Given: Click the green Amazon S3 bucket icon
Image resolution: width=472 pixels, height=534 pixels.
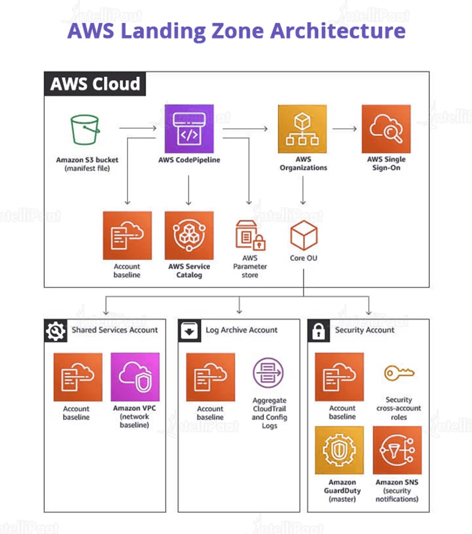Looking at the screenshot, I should point(85,130).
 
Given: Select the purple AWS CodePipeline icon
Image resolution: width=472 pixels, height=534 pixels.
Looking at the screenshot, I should point(189,129).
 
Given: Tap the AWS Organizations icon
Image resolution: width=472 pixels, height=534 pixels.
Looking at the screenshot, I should point(302,129).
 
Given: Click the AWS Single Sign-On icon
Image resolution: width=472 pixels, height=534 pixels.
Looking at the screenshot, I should point(386,129).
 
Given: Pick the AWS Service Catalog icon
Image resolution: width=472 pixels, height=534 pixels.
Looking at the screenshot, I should point(189,235).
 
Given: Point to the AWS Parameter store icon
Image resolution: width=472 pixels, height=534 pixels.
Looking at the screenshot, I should point(250,235).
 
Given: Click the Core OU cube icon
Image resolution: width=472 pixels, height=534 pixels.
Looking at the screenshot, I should point(304,235).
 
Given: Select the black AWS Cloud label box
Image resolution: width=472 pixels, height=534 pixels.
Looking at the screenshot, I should point(95,84).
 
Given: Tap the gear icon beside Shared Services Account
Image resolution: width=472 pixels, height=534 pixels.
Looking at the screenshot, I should point(55,331).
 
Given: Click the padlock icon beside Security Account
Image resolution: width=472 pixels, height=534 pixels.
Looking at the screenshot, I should point(318,331).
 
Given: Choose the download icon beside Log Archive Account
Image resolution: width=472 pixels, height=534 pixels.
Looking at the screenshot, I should point(189,331).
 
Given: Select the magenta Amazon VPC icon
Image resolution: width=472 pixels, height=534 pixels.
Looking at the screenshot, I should point(135,377).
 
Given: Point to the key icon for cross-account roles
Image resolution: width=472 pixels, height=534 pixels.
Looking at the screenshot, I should point(398,373).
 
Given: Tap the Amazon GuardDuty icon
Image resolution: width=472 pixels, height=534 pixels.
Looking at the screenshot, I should point(339,450).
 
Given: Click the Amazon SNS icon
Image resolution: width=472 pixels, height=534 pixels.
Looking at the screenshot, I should point(397,450).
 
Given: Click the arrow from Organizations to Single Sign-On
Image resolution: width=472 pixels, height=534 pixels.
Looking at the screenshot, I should point(344,129).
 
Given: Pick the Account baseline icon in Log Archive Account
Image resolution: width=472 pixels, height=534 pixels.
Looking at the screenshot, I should point(210,377).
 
